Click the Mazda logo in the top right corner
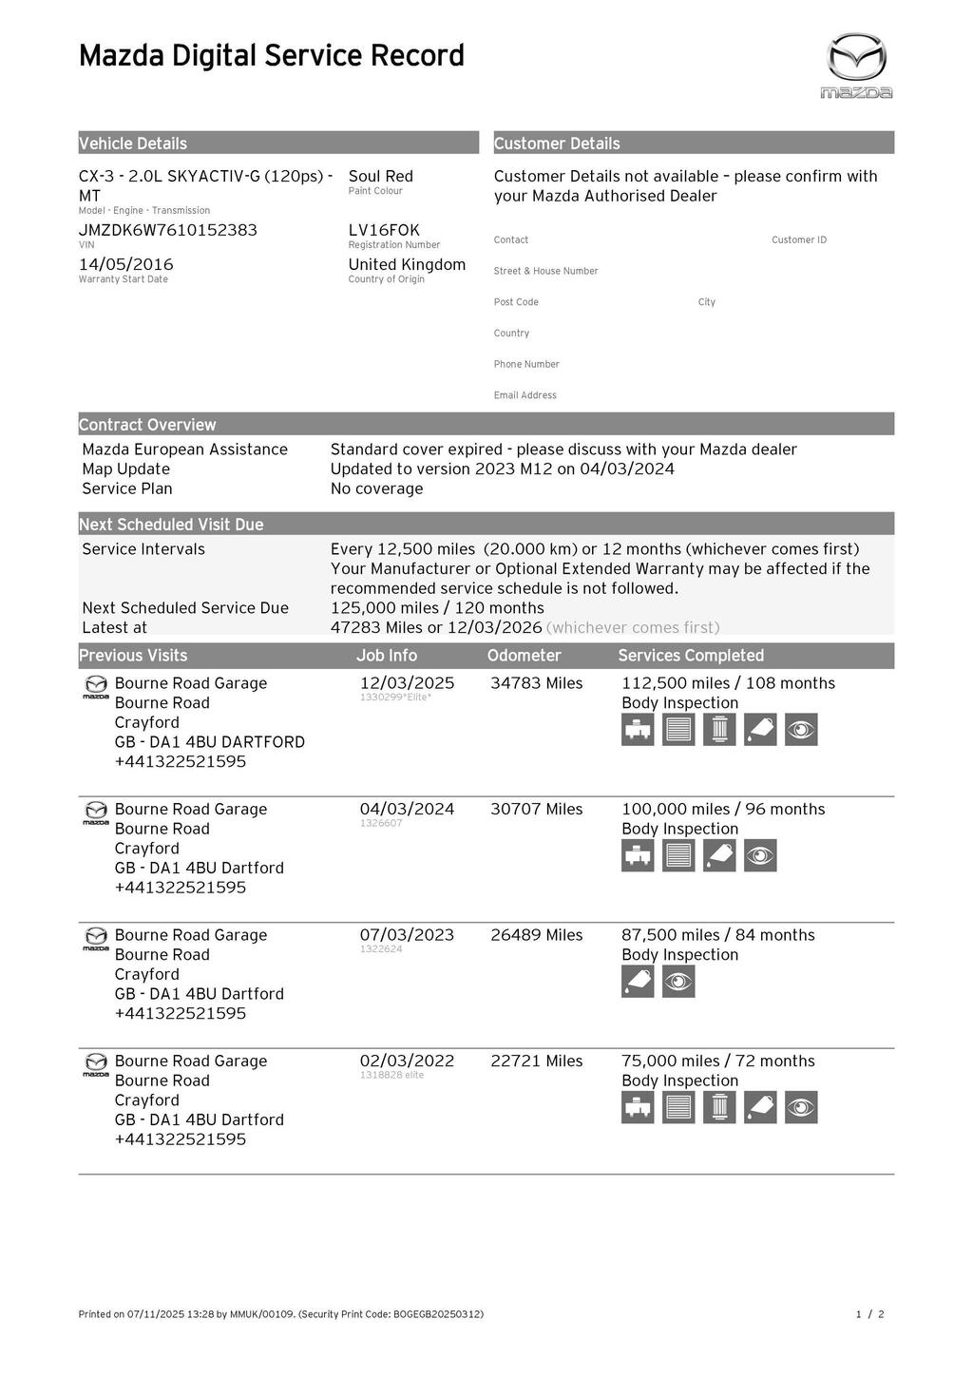(x=856, y=65)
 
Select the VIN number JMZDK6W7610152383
(x=167, y=230)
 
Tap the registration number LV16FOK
(x=384, y=230)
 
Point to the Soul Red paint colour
(x=380, y=176)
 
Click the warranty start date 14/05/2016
(x=125, y=264)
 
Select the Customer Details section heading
(x=557, y=143)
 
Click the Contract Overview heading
(x=147, y=425)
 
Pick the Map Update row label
(x=125, y=469)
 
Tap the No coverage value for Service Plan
(x=376, y=488)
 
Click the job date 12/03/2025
(x=407, y=683)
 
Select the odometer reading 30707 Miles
(x=536, y=809)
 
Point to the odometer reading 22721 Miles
(x=536, y=1061)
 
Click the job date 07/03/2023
(x=407, y=935)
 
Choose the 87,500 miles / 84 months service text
(x=717, y=935)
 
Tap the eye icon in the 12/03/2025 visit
(x=801, y=730)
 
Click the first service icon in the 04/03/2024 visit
(x=638, y=855)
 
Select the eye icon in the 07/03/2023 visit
(x=678, y=982)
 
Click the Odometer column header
(x=524, y=656)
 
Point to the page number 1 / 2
(x=869, y=1314)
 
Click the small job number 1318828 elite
(x=391, y=1075)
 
